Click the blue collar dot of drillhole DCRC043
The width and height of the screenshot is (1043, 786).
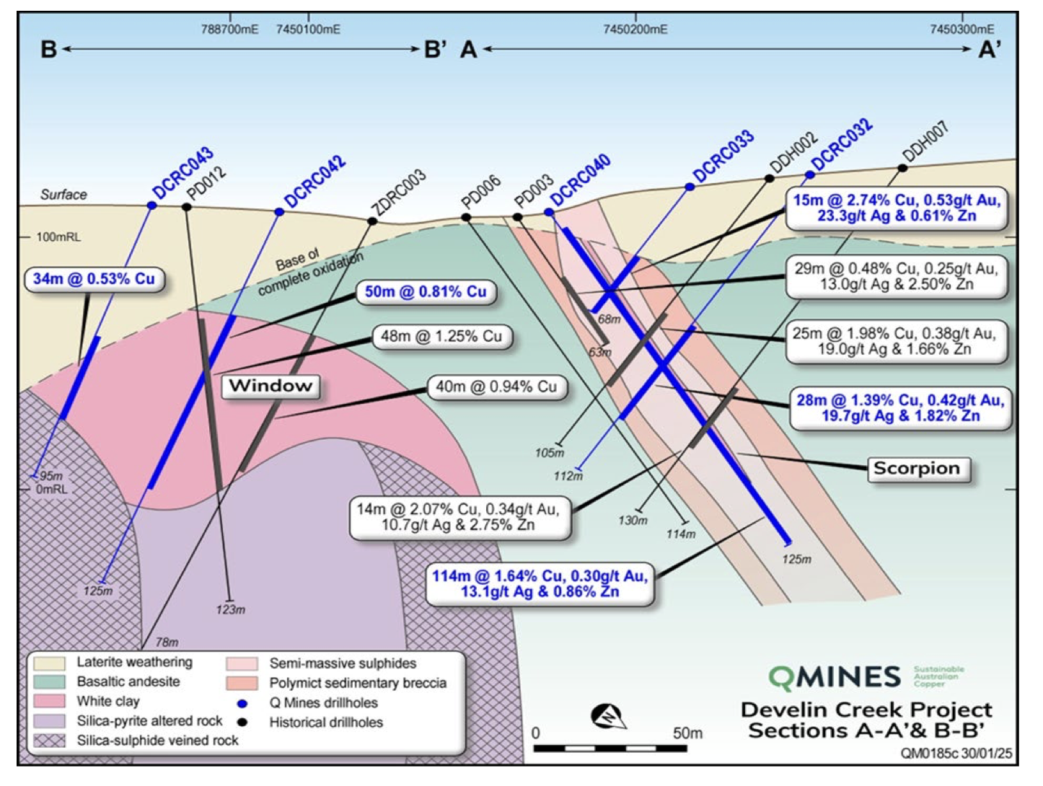(x=151, y=206)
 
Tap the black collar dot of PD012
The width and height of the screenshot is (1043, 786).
(x=187, y=206)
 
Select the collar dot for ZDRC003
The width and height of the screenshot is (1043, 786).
(x=372, y=221)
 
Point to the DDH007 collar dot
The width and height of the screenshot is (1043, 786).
(x=902, y=167)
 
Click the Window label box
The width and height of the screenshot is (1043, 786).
(x=270, y=386)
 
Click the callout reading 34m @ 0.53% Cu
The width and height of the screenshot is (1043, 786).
(x=95, y=279)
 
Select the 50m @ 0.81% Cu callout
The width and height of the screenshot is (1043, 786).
(x=426, y=291)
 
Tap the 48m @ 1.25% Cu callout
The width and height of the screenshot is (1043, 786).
(x=442, y=337)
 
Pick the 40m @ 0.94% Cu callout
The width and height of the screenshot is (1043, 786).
(x=497, y=387)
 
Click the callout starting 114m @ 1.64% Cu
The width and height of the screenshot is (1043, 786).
(x=540, y=584)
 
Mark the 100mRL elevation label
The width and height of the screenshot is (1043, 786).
(x=58, y=237)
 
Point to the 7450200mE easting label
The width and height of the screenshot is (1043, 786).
(x=635, y=30)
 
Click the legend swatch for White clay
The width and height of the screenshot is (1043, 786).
(x=50, y=701)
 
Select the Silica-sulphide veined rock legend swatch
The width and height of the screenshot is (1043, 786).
(x=50, y=741)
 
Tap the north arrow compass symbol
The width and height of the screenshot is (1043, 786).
(x=609, y=716)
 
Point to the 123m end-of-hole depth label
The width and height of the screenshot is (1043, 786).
(x=231, y=610)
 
